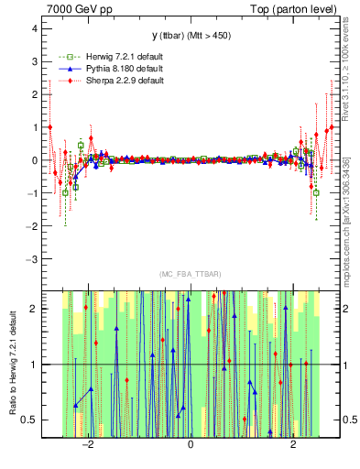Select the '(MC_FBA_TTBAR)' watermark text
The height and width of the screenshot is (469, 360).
[191, 274]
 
